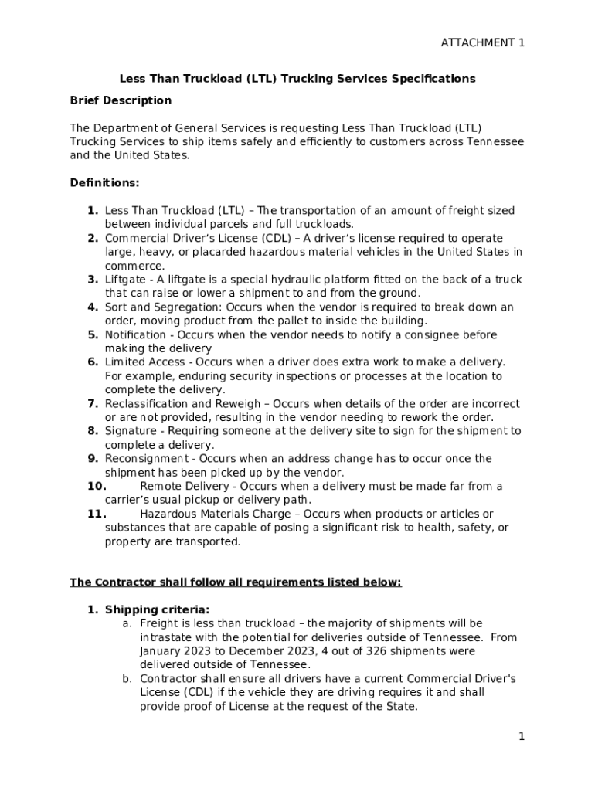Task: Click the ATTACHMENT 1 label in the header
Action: (482, 42)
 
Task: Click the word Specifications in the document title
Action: (433, 79)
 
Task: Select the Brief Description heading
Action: (121, 100)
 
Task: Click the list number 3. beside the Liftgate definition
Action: (92, 280)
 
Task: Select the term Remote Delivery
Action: (184, 487)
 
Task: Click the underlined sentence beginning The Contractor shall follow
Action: (236, 582)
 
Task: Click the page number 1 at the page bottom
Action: (522, 737)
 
